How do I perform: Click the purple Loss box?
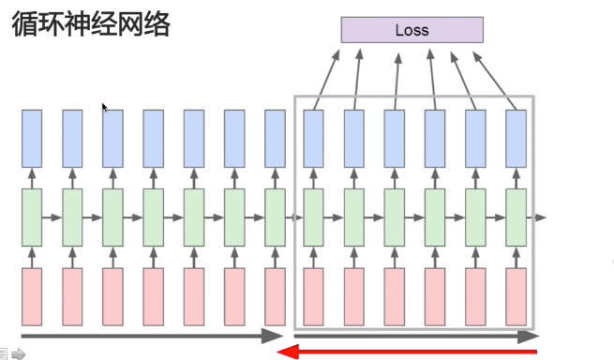(412, 30)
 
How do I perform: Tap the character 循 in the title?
(26, 24)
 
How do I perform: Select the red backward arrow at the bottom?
(409, 352)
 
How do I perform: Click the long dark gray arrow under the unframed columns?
(151, 336)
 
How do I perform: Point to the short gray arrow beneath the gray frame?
(416, 335)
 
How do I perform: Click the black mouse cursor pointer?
(105, 108)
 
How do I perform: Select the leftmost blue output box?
(32, 138)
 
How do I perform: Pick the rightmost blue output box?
(516, 138)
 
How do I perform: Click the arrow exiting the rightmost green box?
(536, 217)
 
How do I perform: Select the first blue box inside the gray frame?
(314, 138)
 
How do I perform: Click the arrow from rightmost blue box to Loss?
(495, 80)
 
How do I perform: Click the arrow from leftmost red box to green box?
(32, 256)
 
